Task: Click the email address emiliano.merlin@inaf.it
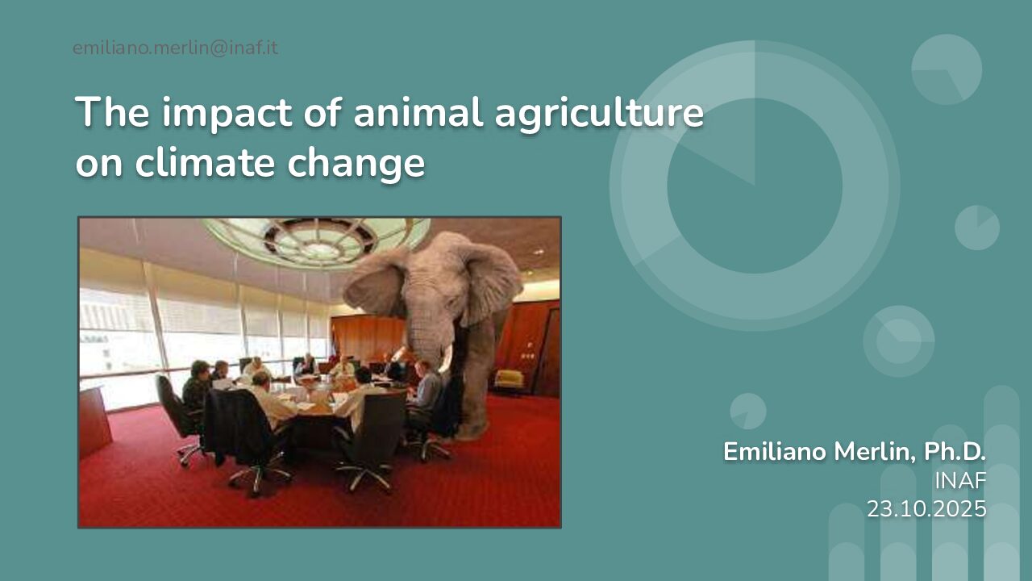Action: pos(175,48)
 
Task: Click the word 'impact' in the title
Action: pos(227,114)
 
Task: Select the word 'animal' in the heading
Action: pos(418,112)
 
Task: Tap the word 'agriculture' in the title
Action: pos(599,115)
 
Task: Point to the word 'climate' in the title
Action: pos(205,162)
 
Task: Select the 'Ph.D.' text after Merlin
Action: pos(955,451)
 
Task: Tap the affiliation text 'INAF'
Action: pos(960,481)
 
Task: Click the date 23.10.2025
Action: pos(926,509)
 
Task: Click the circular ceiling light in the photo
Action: pos(317,240)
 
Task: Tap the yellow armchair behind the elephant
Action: pos(509,380)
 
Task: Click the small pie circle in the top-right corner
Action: pos(947,69)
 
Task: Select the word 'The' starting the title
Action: pos(112,112)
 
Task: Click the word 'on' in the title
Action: pos(99,166)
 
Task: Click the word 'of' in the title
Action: pos(322,112)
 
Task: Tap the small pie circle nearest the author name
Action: pos(748,411)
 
